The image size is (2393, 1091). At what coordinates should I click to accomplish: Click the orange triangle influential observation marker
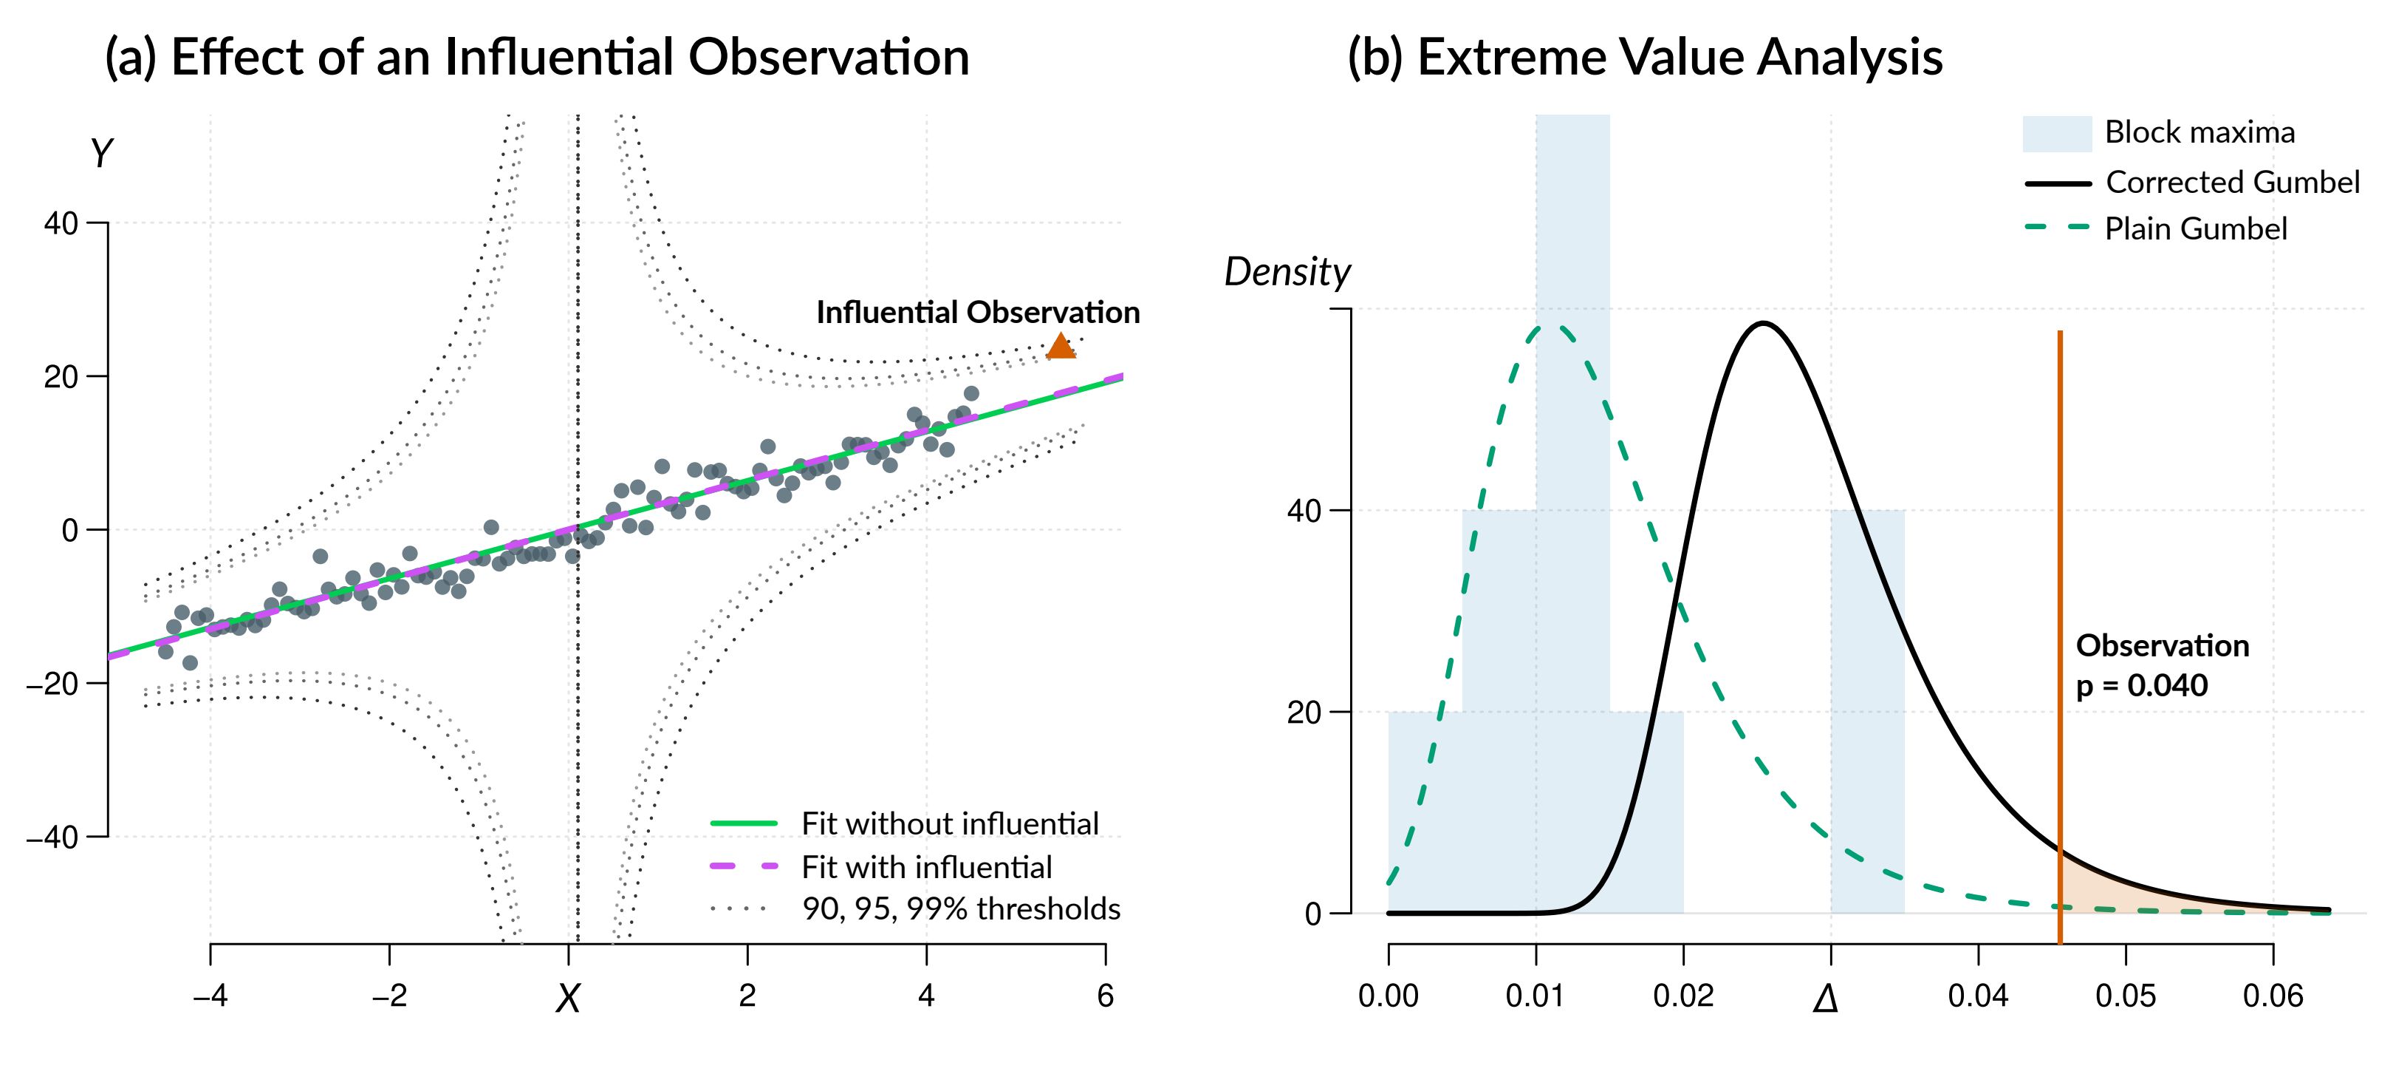[1061, 347]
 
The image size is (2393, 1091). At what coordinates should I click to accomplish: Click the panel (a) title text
[537, 58]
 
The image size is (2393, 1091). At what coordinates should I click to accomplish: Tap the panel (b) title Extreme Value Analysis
[1644, 58]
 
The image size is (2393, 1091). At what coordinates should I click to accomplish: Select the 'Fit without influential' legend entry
[949, 823]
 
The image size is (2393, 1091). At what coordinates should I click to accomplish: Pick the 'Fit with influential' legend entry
[926, 867]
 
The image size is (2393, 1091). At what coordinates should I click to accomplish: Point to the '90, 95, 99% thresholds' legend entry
[961, 909]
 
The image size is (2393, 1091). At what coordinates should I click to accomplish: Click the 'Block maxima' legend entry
[2199, 133]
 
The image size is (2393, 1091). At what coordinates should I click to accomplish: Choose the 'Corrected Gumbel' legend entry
[2231, 182]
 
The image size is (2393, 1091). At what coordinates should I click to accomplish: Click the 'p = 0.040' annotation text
[2141, 686]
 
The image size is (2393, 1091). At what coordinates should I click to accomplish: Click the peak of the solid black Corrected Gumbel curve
[1762, 324]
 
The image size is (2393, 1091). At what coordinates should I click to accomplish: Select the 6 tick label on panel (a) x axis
[1104, 996]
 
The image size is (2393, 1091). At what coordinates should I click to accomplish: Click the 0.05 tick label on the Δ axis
[2126, 996]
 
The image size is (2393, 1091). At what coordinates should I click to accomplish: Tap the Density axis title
[1287, 272]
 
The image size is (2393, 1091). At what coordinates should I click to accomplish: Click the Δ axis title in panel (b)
[1826, 999]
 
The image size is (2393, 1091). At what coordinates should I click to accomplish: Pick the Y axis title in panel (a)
[100, 153]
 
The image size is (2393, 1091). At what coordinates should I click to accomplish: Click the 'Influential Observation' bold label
[977, 313]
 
